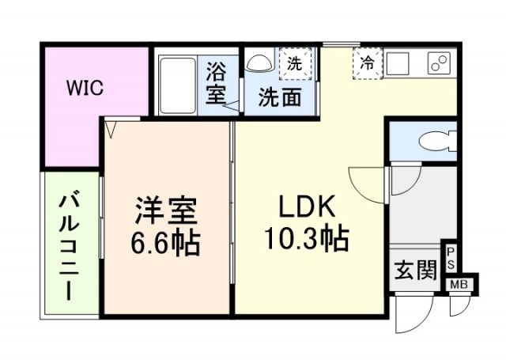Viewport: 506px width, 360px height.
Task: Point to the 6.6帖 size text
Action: coord(165,241)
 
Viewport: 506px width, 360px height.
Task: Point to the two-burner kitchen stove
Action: coord(438,63)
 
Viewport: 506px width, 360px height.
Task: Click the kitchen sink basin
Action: coord(398,61)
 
